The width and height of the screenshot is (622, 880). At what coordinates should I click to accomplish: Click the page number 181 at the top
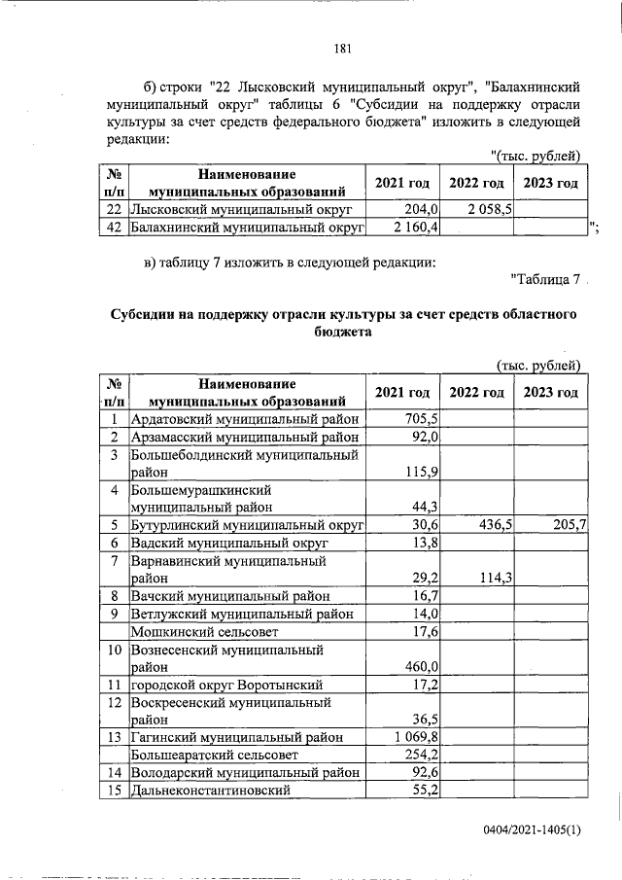pyautogui.click(x=341, y=50)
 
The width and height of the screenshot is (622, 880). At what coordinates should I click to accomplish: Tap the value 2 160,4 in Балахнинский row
pyautogui.click(x=416, y=228)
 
